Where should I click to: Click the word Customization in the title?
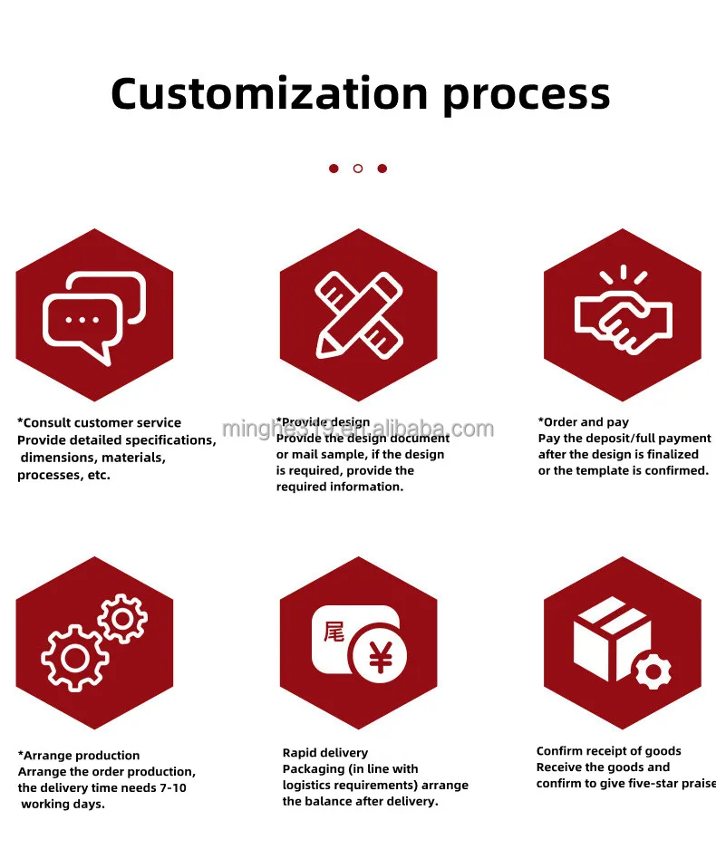tap(269, 93)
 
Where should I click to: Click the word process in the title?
tap(527, 95)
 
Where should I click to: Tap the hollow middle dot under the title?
tap(358, 169)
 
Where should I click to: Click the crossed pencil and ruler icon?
tap(358, 314)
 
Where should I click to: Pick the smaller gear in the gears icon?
tap(122, 620)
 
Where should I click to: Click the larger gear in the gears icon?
tap(75, 657)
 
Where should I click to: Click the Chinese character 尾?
tap(334, 631)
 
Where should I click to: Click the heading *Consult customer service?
tap(100, 423)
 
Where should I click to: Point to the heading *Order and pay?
tap(584, 422)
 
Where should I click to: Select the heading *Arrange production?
tap(79, 756)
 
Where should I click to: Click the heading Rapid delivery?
tap(325, 753)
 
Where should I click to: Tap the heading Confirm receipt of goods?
tap(608, 751)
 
